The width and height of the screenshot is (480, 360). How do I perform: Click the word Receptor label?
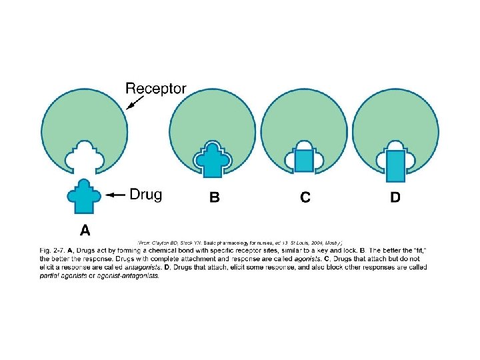coord(155,88)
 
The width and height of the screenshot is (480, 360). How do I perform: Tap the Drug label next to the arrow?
coord(145,194)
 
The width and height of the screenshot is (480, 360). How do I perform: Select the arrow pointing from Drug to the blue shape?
coord(115,195)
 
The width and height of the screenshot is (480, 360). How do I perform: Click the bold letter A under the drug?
coord(85,231)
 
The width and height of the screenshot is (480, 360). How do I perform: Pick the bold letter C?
coord(305,198)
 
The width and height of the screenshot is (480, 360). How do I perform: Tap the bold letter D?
coord(395,198)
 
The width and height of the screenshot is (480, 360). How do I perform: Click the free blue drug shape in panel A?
coord(84,195)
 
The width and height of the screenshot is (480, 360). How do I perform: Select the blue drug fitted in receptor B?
coord(212,160)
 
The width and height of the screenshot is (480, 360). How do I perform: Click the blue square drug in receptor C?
coord(303,161)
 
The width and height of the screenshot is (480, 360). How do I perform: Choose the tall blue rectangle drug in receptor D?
coord(395,166)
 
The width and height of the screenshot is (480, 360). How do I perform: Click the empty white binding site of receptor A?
coord(84,155)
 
